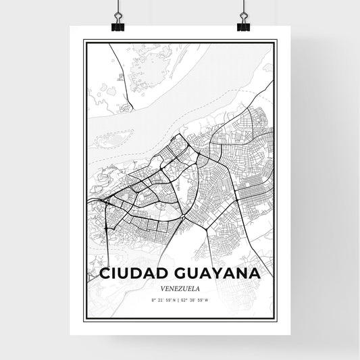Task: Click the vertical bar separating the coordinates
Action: (180, 299)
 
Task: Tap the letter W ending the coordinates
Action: (215, 299)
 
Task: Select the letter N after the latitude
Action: (175, 299)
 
